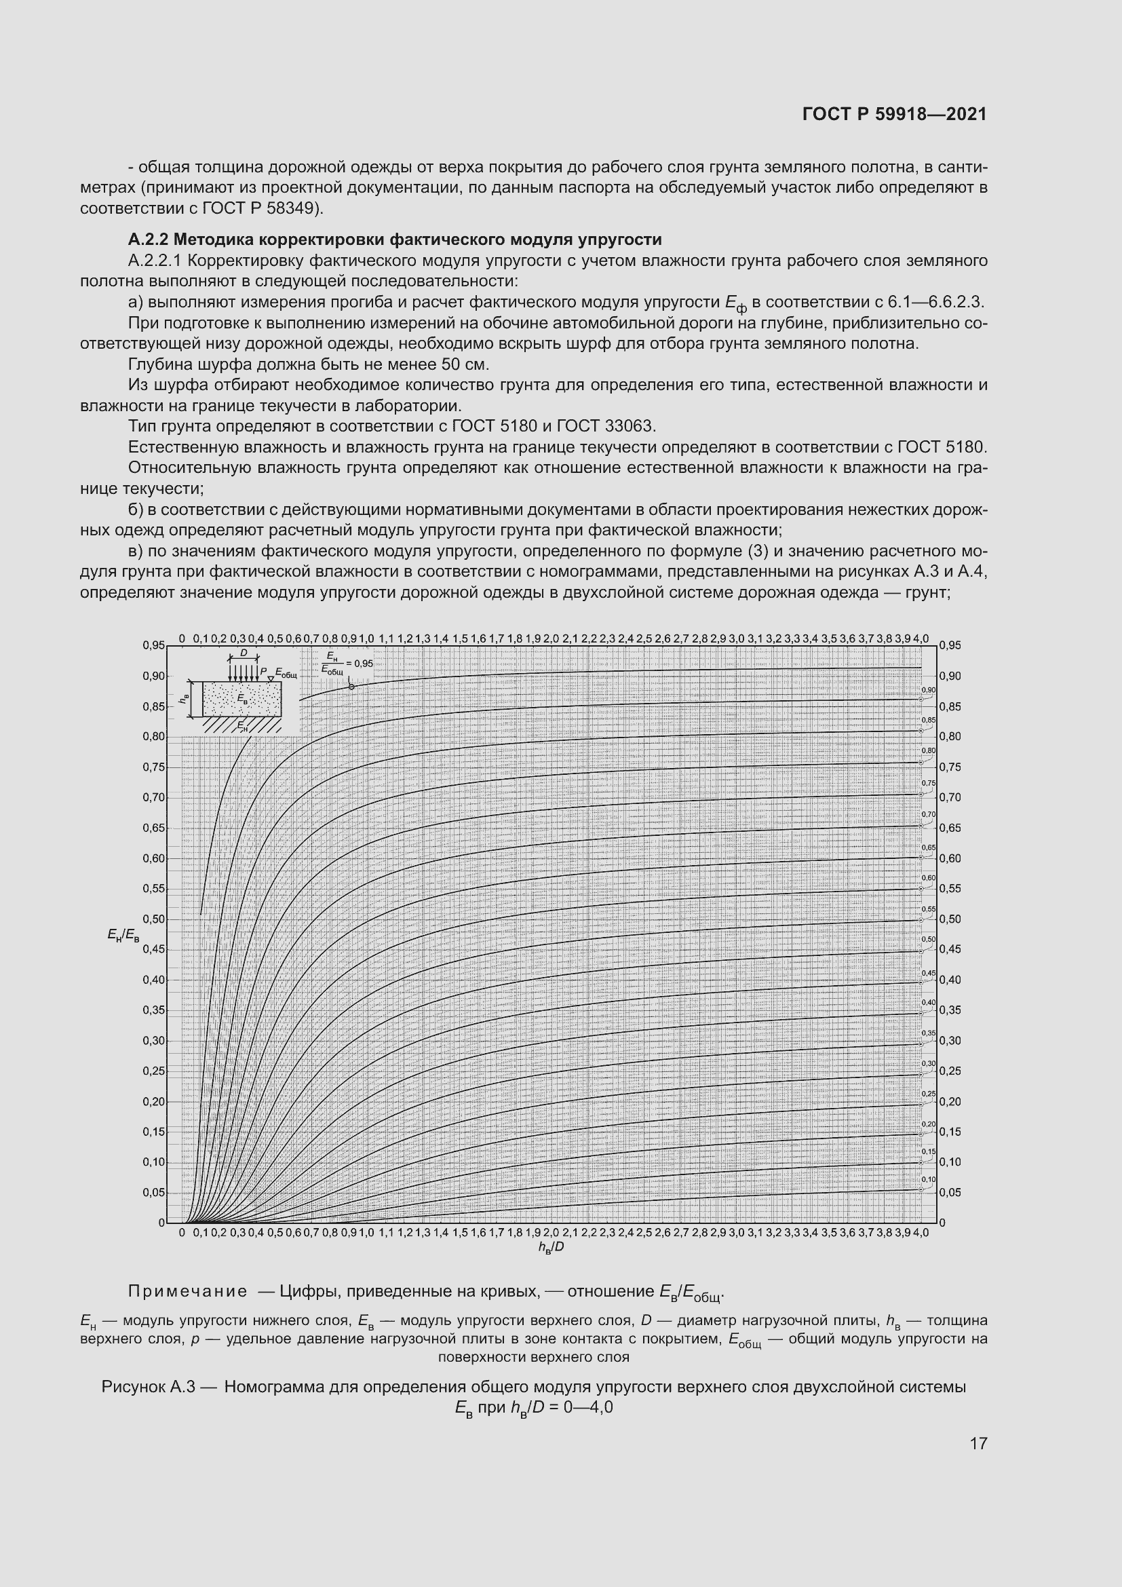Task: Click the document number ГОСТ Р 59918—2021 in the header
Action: pos(895,114)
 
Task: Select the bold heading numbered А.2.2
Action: pos(395,240)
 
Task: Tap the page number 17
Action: pos(978,1443)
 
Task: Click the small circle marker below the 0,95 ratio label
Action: pos(351,687)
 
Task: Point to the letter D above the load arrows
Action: pos(244,653)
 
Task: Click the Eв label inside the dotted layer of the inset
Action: pos(242,698)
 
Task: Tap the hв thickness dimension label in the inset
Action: pos(184,699)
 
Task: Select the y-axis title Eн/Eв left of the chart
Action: pos(123,935)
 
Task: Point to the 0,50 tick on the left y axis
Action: pos(154,919)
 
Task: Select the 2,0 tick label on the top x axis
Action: pos(551,638)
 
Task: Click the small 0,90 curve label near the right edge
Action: pos(929,690)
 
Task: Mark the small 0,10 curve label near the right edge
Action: pos(929,1179)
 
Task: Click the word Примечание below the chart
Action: pos(188,1291)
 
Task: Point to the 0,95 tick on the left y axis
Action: pos(154,645)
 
